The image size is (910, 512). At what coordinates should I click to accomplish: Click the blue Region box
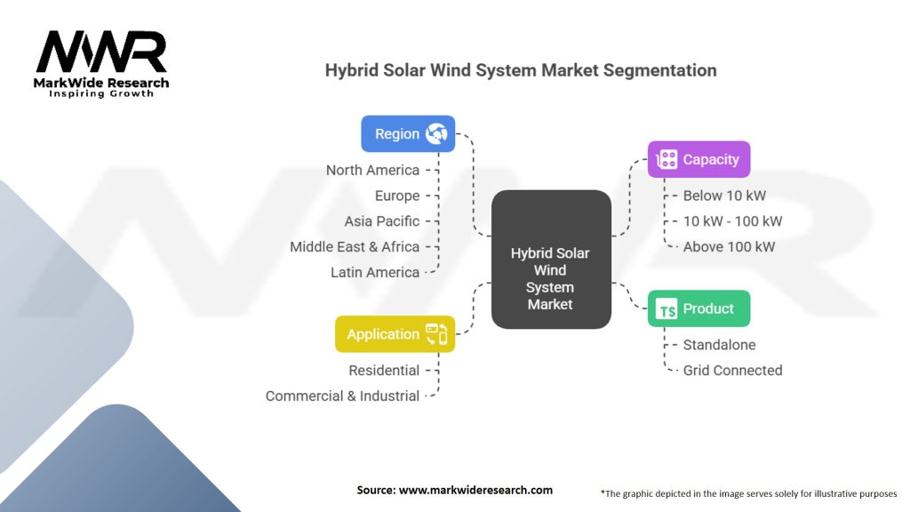click(x=407, y=134)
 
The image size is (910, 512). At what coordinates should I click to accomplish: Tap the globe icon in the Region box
click(x=435, y=134)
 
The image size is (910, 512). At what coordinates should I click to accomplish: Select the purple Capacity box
click(x=698, y=160)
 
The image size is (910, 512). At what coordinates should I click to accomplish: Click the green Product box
click(x=698, y=308)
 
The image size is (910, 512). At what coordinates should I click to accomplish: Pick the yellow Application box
click(x=395, y=334)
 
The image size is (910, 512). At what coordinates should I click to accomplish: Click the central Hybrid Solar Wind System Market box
click(x=550, y=278)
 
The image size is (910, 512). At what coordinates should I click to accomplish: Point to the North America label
click(x=372, y=170)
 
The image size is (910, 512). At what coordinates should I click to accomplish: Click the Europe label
click(x=396, y=196)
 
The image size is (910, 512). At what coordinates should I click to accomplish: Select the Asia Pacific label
click(x=381, y=221)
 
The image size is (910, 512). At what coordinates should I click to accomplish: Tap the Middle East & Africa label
click(x=355, y=247)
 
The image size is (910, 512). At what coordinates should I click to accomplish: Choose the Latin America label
click(x=374, y=273)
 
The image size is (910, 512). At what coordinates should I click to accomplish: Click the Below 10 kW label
click(x=724, y=196)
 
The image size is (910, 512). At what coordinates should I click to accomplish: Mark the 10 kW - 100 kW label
click(x=732, y=221)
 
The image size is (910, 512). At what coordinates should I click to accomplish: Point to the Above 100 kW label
click(x=729, y=247)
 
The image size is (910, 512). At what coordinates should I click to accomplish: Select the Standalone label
click(x=719, y=345)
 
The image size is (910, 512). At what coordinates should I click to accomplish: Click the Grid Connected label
click(x=732, y=371)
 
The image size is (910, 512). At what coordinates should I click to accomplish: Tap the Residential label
click(x=384, y=371)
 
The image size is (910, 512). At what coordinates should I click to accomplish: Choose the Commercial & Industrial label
click(x=342, y=396)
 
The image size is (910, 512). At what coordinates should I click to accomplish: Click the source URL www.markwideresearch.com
click(x=454, y=490)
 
